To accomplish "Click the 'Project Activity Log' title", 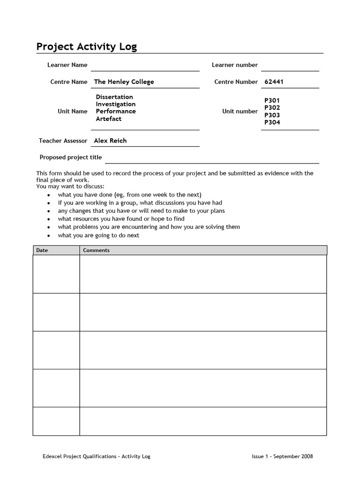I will [x=87, y=47].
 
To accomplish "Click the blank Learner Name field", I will [x=145, y=65].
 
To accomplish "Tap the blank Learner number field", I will [x=290, y=65].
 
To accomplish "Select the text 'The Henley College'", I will [x=124, y=82].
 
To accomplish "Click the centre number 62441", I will [x=274, y=82].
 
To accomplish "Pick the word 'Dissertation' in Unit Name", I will [x=114, y=97].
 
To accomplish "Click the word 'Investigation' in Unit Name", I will [x=116, y=104].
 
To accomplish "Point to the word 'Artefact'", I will [x=109, y=119].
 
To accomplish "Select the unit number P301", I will [x=272, y=100].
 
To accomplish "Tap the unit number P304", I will [x=272, y=122].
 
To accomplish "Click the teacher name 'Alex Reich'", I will [x=110, y=140].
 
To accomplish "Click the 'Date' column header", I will [x=42, y=250].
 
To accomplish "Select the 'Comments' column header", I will [x=96, y=250].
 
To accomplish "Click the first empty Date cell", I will [x=56, y=274].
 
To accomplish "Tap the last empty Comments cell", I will [x=203, y=421].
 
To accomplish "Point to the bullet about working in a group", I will [x=140, y=203].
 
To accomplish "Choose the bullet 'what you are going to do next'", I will [x=98, y=235].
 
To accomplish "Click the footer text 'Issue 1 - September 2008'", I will [x=282, y=456].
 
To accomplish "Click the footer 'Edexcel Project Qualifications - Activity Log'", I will [x=97, y=456].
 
